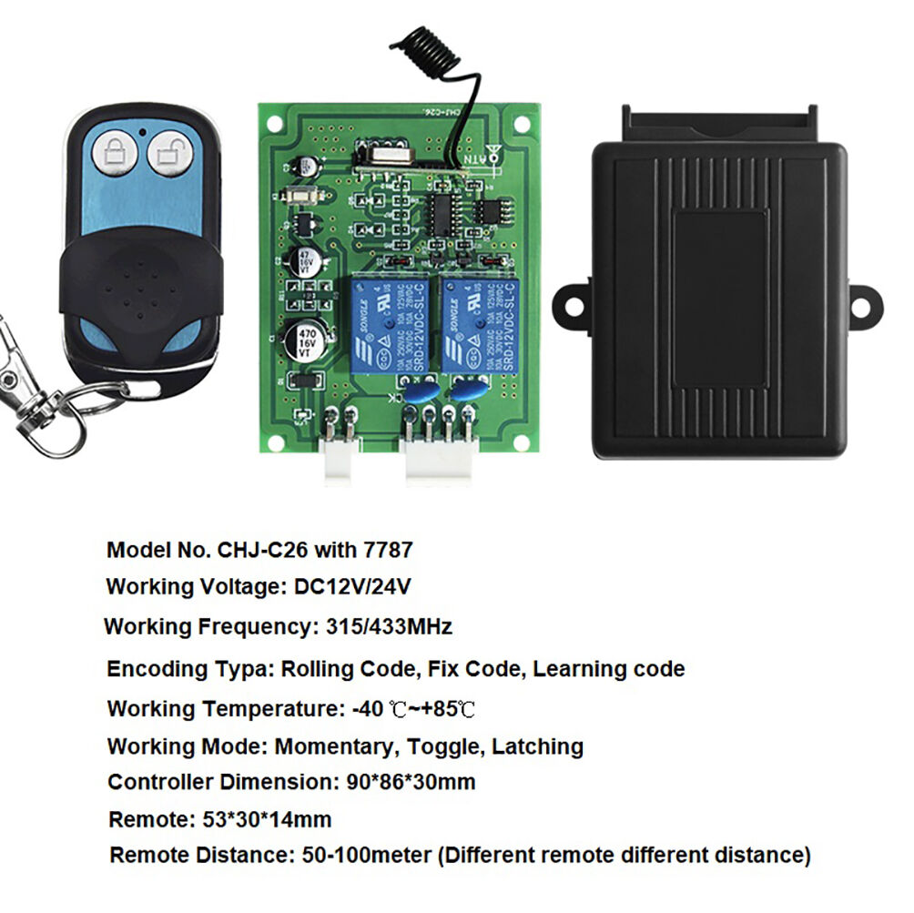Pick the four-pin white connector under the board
[440, 455]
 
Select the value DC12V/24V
[353, 587]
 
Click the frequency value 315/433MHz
[387, 627]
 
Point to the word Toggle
[443, 747]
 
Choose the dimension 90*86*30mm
[411, 782]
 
